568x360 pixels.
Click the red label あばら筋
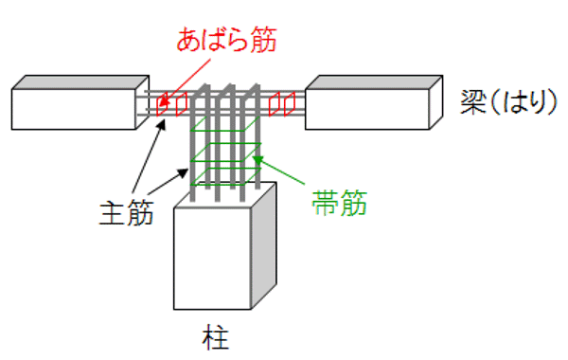pos(227,39)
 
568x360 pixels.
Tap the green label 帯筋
pos(340,203)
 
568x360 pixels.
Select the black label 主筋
pos(127,213)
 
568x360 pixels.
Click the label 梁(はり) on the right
pos(508,102)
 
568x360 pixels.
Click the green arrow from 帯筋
pos(278,170)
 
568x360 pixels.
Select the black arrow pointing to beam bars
pos(149,156)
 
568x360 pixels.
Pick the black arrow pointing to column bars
pos(169,182)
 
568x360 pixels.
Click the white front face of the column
pos(213,259)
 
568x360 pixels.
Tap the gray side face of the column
pos(264,245)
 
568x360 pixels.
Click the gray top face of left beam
pos(80,82)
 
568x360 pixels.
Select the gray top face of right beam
pos(374,82)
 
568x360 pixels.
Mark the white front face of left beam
pos(74,109)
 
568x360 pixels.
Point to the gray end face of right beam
pos(436,102)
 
